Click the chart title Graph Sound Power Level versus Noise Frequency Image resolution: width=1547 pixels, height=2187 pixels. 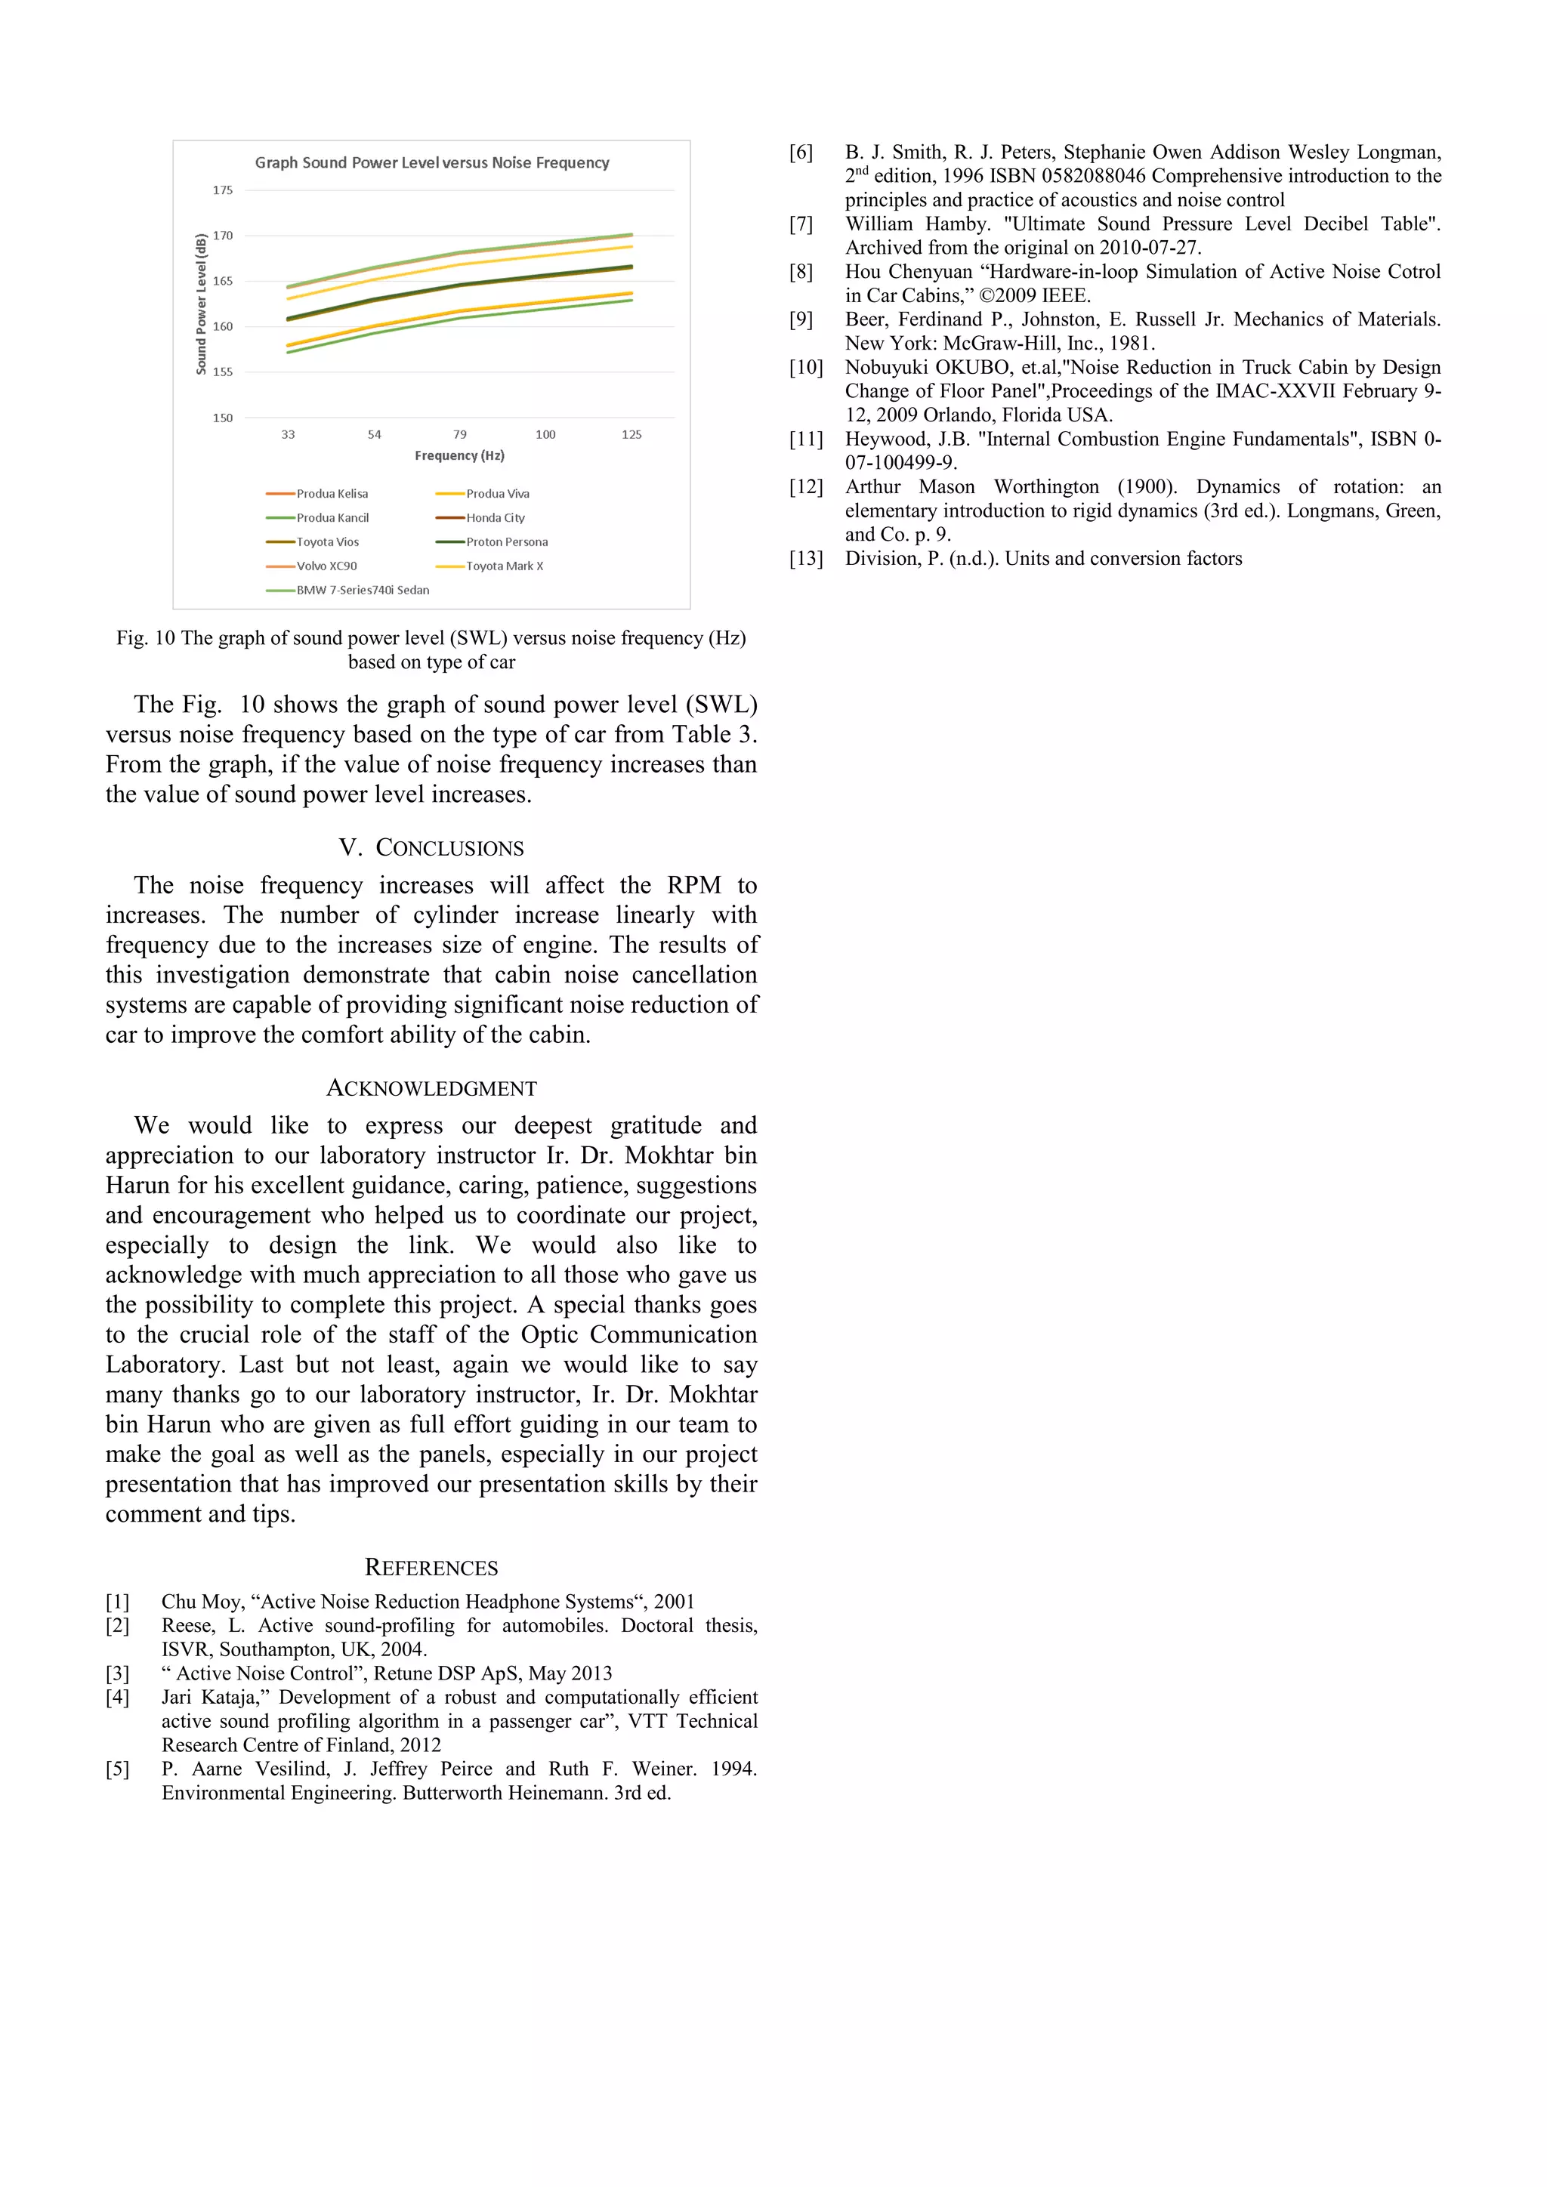click(431, 163)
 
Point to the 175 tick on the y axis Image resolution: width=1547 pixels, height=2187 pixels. click(222, 190)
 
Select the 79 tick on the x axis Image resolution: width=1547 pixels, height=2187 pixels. click(460, 434)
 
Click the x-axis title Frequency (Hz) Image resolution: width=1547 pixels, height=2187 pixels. click(459, 456)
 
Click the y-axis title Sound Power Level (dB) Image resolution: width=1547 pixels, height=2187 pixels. click(201, 304)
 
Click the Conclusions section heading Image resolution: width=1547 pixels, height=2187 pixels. click(431, 848)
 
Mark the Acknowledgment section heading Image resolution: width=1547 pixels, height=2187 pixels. click(431, 1087)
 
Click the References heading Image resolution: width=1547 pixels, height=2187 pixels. click(431, 1568)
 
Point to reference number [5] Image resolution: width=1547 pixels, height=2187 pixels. click(117, 1769)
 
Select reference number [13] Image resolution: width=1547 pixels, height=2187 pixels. click(806, 559)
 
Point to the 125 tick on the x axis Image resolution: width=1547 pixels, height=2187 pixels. click(631, 434)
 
